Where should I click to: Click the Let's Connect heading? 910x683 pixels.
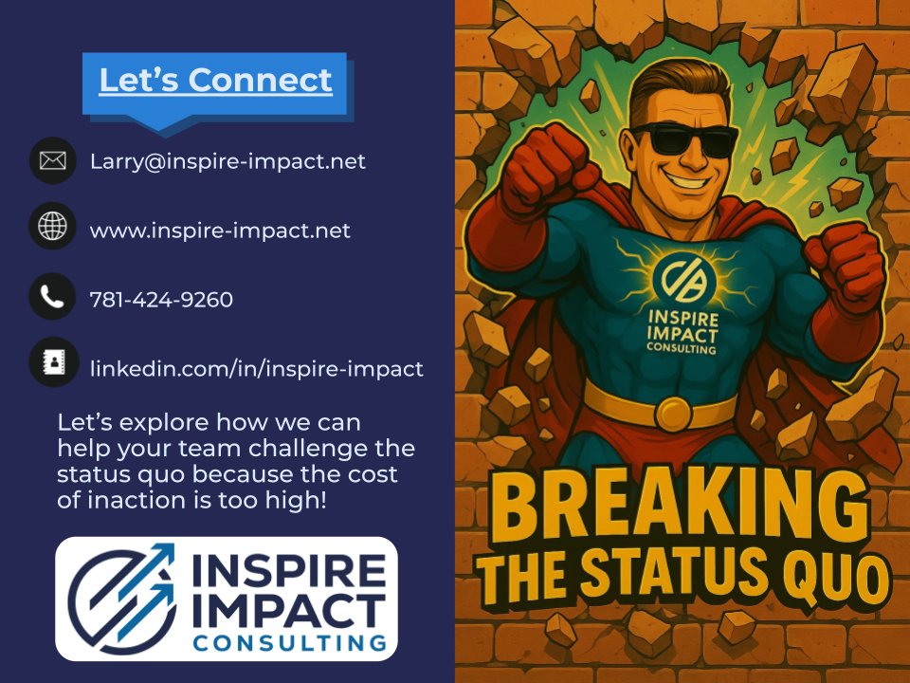215,81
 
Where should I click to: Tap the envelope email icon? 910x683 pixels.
52,161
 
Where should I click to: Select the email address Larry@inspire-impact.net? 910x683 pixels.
227,161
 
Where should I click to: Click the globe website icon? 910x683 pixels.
52,227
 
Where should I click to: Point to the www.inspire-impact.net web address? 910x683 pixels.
220,231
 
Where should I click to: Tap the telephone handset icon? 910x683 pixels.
52,297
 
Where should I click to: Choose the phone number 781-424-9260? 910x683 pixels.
161,300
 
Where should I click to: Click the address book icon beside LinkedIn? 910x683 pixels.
52,363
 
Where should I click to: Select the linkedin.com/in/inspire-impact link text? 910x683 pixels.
256,369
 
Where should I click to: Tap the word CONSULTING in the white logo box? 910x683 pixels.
290,644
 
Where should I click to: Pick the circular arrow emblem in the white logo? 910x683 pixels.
120,599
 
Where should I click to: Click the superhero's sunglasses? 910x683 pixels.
683,140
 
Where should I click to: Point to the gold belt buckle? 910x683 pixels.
673,411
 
